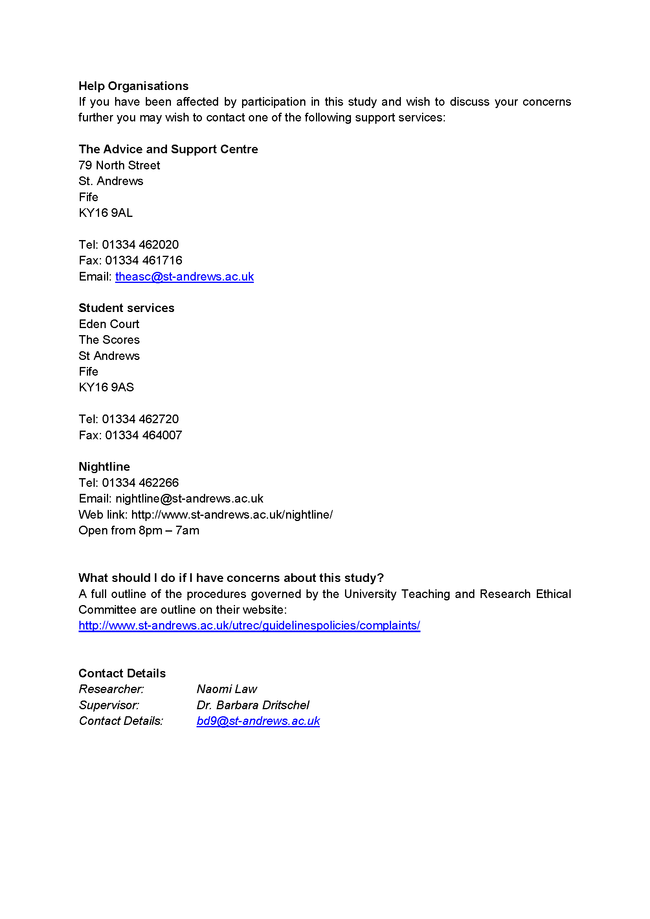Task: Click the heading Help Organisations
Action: (x=133, y=86)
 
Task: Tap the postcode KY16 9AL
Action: (x=106, y=213)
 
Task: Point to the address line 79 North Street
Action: (x=119, y=165)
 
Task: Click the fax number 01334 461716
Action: (x=143, y=260)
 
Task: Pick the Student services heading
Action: (x=127, y=308)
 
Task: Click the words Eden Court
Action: (x=109, y=324)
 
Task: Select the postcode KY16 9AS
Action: (x=106, y=387)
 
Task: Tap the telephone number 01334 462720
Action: (x=140, y=419)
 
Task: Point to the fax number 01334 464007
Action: (x=143, y=435)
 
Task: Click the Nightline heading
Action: (x=104, y=467)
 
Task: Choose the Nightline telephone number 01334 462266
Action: (x=140, y=483)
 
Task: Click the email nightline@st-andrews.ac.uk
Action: (x=189, y=499)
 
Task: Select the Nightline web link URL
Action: (x=232, y=515)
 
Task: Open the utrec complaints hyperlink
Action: (x=249, y=626)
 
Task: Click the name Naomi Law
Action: (x=226, y=689)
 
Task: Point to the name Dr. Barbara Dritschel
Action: (x=253, y=705)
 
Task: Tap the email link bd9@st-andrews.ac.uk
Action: (x=258, y=721)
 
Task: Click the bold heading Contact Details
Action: (x=122, y=673)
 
